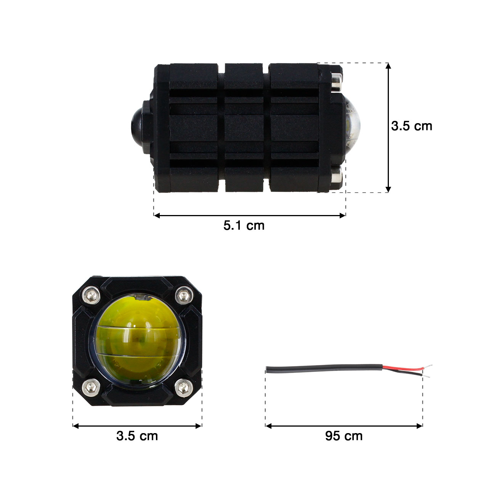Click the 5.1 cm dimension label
click(244, 225)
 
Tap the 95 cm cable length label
click(344, 436)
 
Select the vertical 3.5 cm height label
click(412, 126)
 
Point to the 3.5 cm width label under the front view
click(137, 436)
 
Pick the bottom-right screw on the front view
click(183, 388)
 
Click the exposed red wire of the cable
click(404, 369)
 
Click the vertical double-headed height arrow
click(388, 128)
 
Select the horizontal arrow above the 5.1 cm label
click(250, 215)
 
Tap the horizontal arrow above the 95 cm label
click(344, 426)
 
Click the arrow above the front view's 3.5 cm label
click(137, 426)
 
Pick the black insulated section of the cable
click(324, 368)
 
